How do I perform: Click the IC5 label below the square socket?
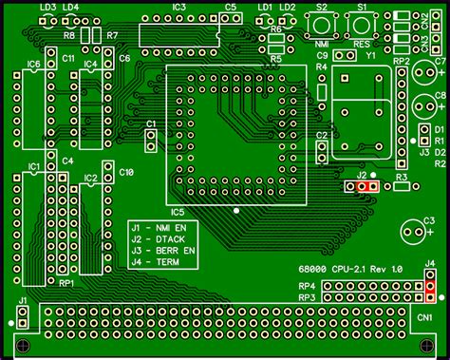point(178,211)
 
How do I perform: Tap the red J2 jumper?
point(366,186)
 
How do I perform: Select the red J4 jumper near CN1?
point(430,284)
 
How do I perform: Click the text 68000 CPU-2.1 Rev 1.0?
point(349,269)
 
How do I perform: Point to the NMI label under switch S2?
point(322,45)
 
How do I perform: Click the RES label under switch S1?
point(362,45)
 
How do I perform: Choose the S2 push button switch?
point(322,25)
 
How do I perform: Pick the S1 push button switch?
point(362,25)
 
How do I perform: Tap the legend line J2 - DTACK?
point(162,238)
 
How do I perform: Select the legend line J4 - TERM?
point(159,261)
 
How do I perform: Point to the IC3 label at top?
point(178,7)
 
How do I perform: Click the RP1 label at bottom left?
point(66,283)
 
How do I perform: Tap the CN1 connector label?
point(423,316)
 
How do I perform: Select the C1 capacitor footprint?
point(150,141)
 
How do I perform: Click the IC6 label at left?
point(33,65)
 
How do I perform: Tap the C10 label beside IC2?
point(127,172)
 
